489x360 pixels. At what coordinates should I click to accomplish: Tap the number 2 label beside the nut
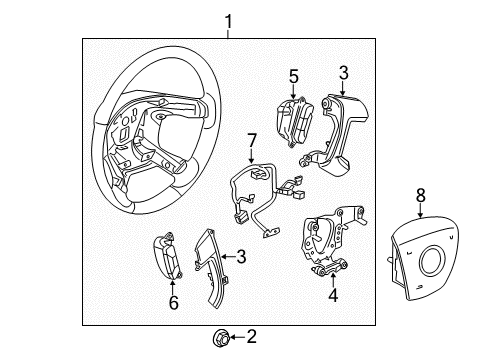250,337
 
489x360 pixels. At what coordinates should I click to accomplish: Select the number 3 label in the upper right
343,72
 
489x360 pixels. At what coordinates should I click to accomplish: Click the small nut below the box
219,337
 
